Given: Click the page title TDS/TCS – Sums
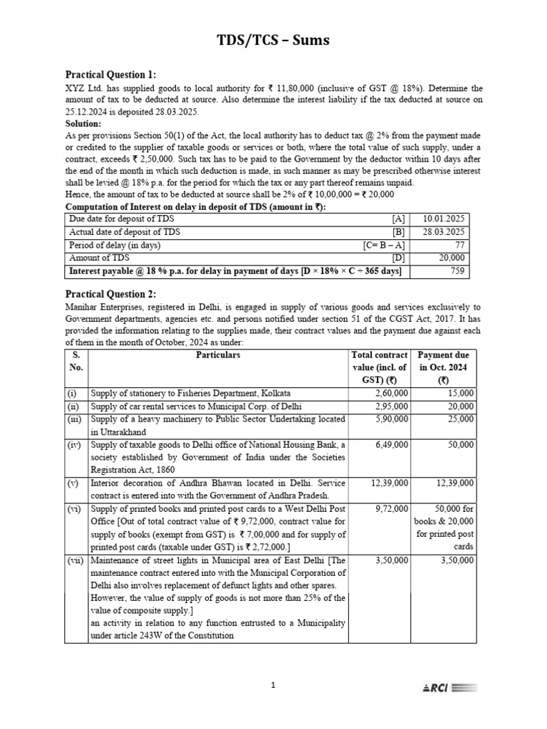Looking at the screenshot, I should click(x=273, y=41).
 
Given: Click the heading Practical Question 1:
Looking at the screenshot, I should click(x=110, y=75).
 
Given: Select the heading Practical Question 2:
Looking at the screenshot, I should click(x=110, y=294).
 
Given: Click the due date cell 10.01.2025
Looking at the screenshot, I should click(x=444, y=219).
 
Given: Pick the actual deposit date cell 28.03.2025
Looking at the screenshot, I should click(x=444, y=232).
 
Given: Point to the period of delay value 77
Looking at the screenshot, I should click(x=457, y=245).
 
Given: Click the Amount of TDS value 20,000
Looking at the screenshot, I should click(x=450, y=258).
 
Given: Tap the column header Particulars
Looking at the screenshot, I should click(x=218, y=355).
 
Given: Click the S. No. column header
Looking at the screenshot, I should click(x=76, y=361).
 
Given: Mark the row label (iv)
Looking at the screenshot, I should click(x=76, y=444).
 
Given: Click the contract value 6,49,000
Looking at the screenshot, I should click(x=391, y=444).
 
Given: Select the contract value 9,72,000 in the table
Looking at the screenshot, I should click(x=391, y=509).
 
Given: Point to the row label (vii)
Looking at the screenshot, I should click(x=76, y=561).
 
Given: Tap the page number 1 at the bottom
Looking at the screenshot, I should click(x=273, y=686).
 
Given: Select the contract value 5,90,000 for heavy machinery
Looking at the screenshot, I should click(x=391, y=419).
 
